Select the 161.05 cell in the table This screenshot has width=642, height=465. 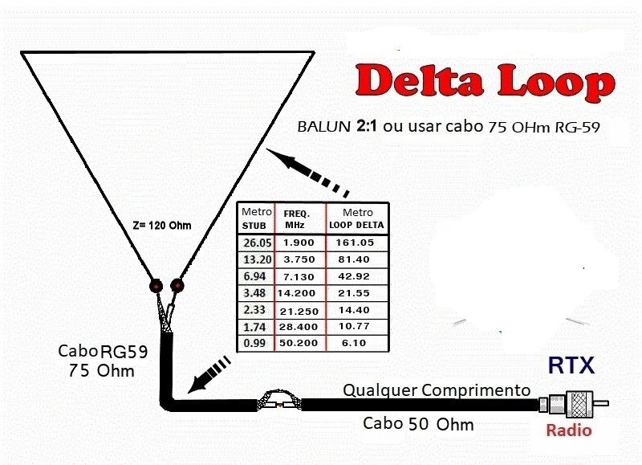click(356, 242)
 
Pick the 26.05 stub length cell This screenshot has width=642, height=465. click(256, 242)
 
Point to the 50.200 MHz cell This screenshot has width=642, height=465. click(300, 343)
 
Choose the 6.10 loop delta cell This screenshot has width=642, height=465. click(356, 343)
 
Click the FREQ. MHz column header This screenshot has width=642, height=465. click(300, 218)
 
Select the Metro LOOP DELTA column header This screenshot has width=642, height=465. click(356, 218)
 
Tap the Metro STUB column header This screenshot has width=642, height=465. click(256, 218)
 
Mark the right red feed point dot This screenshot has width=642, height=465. click(177, 285)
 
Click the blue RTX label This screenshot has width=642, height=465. click(571, 366)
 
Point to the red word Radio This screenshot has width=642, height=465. click(568, 430)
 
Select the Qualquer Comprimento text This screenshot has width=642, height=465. click(437, 390)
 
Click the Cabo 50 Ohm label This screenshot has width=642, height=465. click(417, 423)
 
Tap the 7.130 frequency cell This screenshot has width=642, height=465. click(300, 275)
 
